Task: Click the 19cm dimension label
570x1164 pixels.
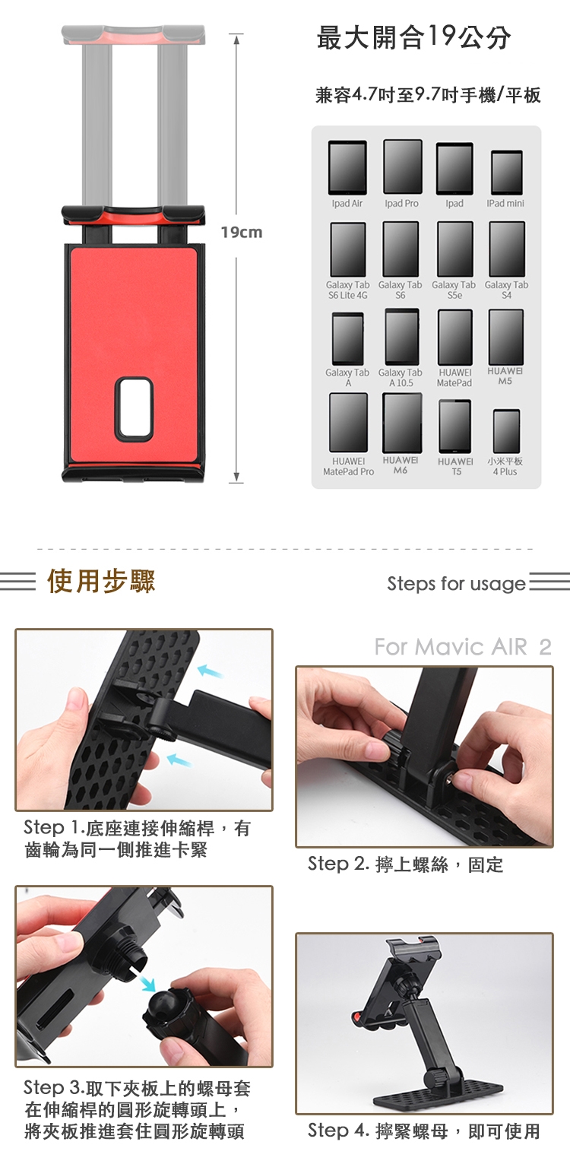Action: pos(242,233)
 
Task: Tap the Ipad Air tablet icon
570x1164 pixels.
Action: pos(347,167)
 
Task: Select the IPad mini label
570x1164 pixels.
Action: pos(505,203)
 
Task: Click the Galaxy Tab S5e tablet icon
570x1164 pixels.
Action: pos(455,249)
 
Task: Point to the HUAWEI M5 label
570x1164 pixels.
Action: pos(505,376)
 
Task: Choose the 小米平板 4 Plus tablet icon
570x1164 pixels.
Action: pos(507,431)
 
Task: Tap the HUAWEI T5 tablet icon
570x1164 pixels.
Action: pos(455,426)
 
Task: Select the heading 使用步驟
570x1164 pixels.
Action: pos(101,580)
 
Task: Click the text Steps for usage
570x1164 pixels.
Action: pos(457,584)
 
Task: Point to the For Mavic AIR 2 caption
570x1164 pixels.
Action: pos(463,647)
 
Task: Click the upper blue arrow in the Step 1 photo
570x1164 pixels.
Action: pos(211,671)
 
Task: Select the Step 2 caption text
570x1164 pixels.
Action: pos(406,864)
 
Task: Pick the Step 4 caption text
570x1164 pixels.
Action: pos(424,1131)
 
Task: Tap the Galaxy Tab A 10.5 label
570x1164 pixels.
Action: pos(400,378)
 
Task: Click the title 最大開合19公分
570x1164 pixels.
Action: pos(413,37)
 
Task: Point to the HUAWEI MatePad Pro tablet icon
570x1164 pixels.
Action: pos(349,423)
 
